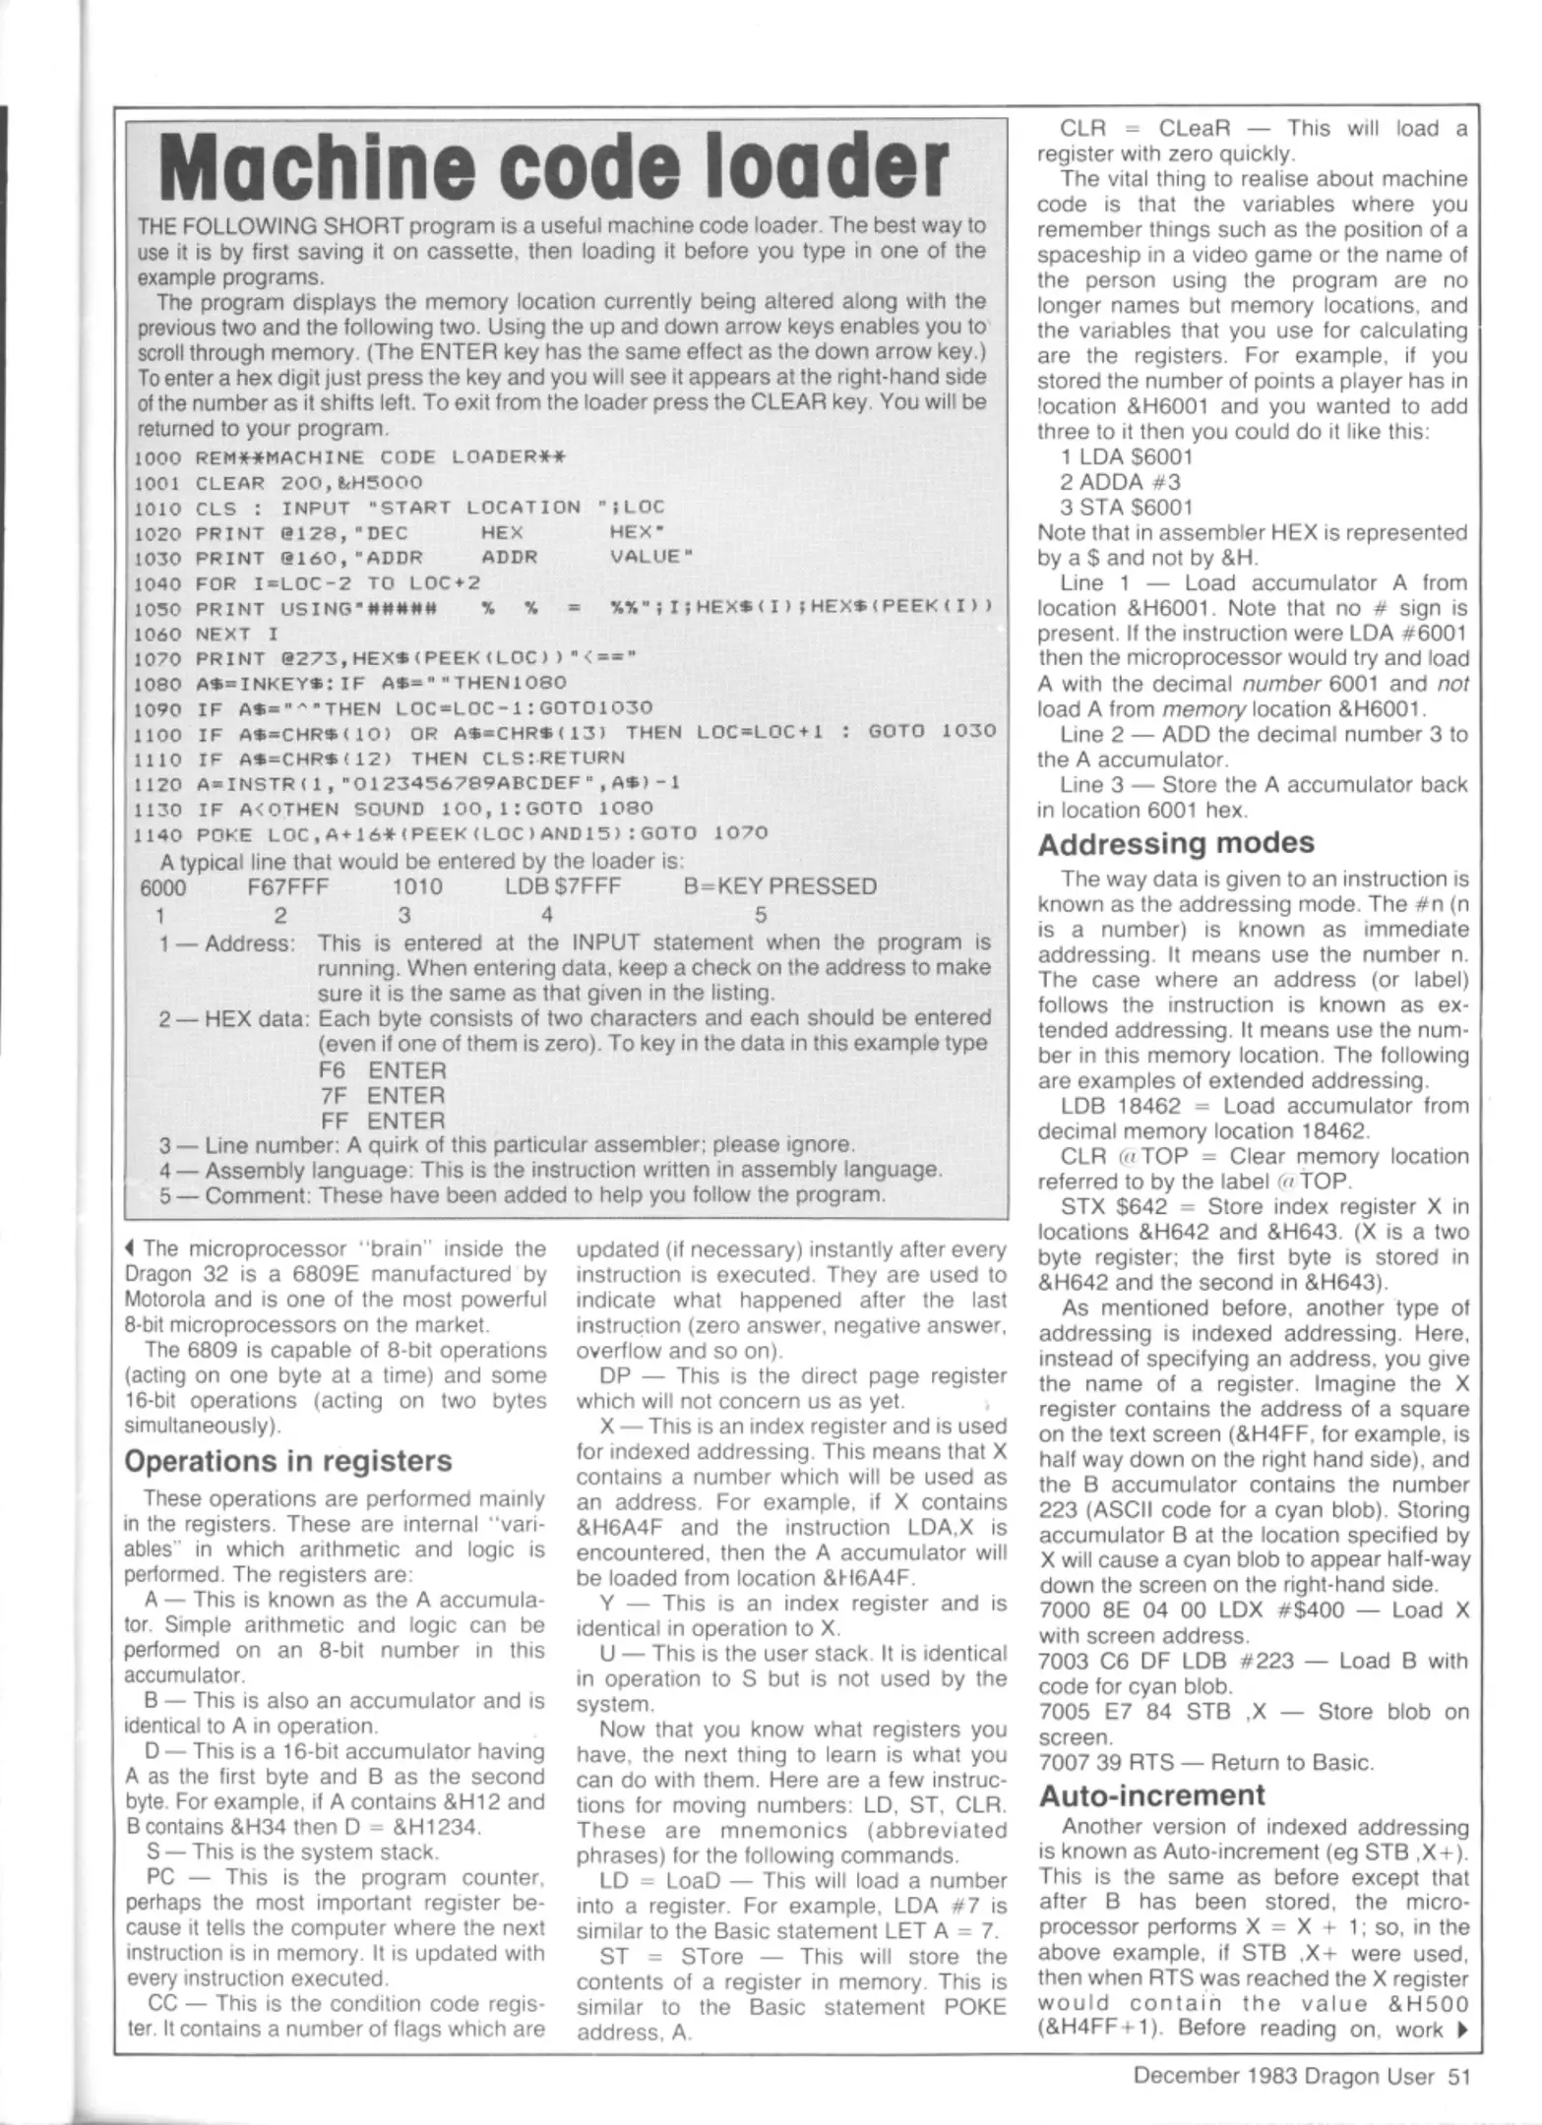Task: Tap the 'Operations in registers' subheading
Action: click(288, 1461)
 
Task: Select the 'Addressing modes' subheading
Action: click(1176, 843)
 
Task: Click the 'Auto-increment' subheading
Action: click(1151, 1794)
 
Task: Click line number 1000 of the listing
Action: click(157, 457)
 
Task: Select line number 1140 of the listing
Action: click(157, 834)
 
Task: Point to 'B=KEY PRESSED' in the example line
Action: click(779, 886)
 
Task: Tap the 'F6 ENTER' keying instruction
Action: click(382, 1069)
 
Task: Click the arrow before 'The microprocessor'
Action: click(131, 1249)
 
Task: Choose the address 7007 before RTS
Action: click(1063, 1762)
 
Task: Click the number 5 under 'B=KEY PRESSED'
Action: click(760, 915)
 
